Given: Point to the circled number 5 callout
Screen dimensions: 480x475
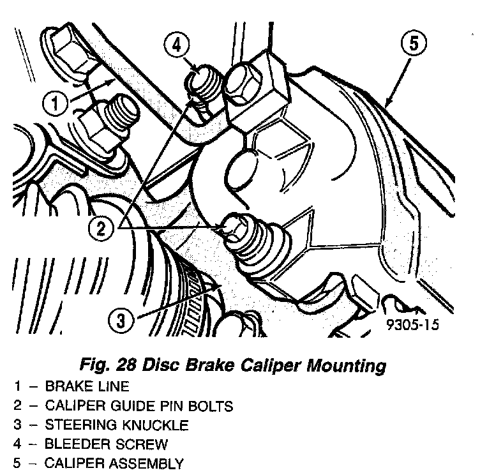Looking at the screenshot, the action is point(414,45).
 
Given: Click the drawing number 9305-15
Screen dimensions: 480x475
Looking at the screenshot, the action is point(412,326).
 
